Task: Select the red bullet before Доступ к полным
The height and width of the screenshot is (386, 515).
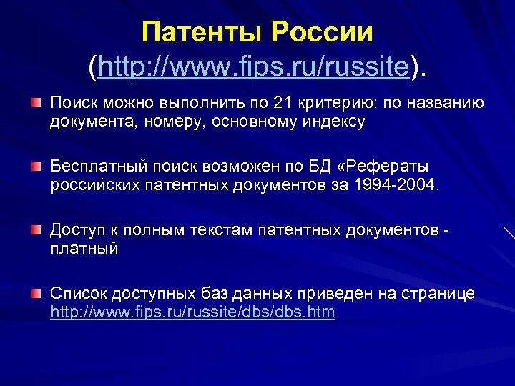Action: pyautogui.click(x=37, y=231)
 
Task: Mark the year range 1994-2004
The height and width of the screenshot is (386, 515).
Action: pyautogui.click(x=398, y=185)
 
